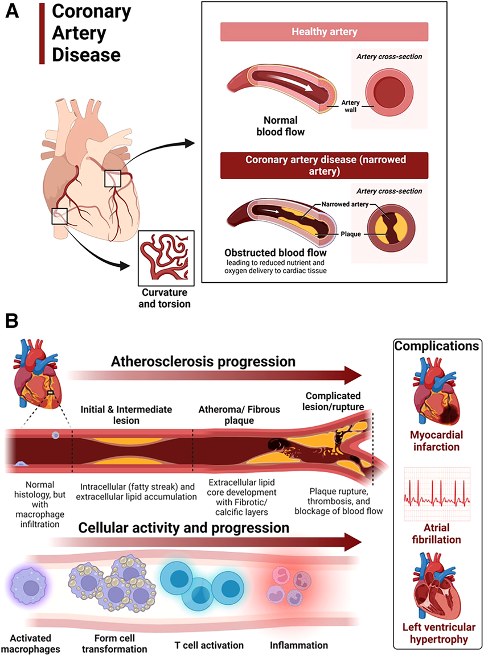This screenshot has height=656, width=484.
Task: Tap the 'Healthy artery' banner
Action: click(324, 31)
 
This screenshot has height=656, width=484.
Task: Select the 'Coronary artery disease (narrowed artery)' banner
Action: click(324, 165)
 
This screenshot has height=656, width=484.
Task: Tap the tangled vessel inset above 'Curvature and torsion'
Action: click(167, 257)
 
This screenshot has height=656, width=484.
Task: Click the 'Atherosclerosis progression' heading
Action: click(203, 362)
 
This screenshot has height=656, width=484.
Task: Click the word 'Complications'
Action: click(437, 346)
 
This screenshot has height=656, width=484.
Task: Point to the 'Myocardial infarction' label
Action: click(437, 442)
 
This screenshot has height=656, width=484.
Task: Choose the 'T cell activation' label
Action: click(208, 645)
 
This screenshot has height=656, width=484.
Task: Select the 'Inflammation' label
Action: click(299, 645)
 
